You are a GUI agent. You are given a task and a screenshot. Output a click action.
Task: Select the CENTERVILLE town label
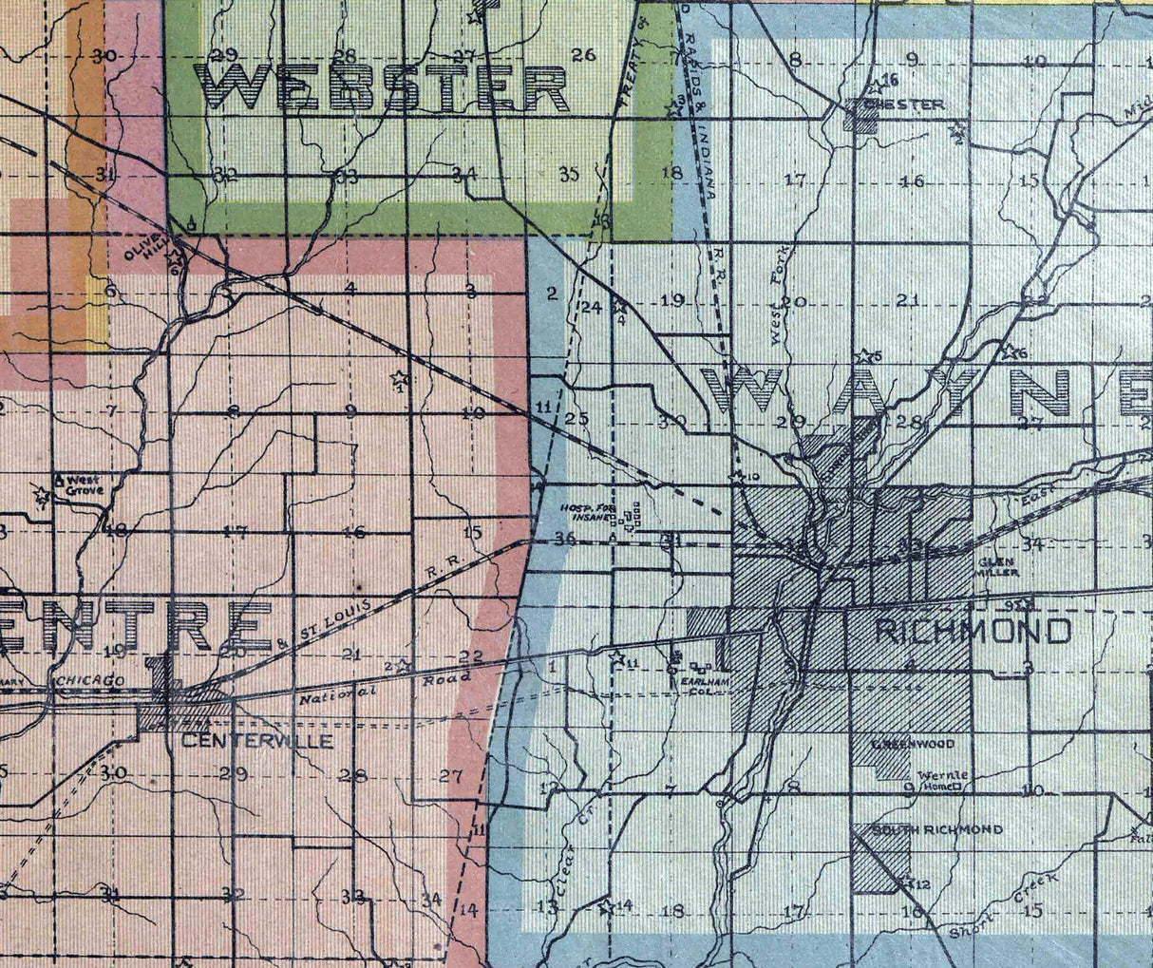(254, 741)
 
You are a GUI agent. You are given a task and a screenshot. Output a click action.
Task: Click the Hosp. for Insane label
(590, 512)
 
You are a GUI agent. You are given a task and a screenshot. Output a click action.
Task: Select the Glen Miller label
(998, 568)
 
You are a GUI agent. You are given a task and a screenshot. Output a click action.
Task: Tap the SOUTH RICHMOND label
(936, 829)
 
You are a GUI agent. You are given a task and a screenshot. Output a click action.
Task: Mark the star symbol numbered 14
(607, 905)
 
